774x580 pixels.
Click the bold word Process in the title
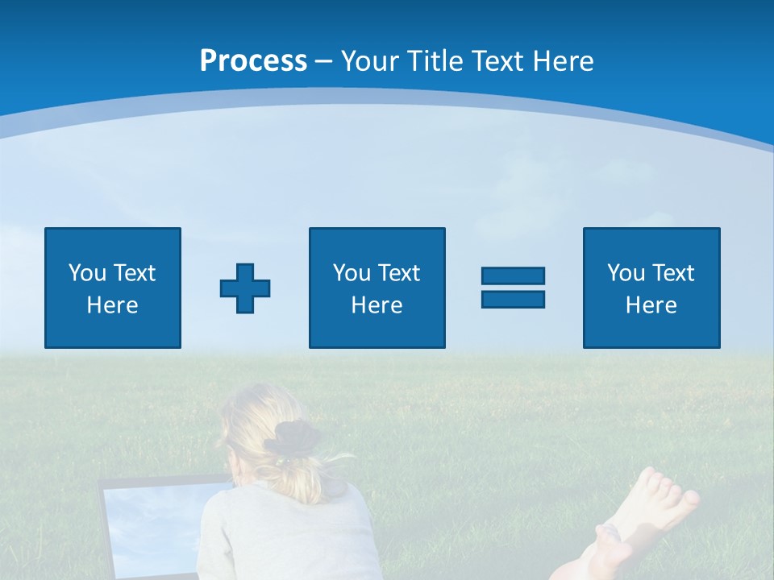click(253, 61)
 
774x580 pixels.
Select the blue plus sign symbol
click(245, 288)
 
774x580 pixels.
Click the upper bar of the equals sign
click(513, 275)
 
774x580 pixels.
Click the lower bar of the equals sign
click(513, 299)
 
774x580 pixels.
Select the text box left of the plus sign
click(113, 288)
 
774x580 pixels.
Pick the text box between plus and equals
click(377, 288)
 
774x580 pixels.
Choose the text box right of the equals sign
click(651, 288)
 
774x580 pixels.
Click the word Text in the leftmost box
click(133, 273)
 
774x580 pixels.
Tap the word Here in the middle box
click(377, 305)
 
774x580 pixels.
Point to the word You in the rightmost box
click(626, 273)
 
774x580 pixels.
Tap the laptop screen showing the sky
click(153, 524)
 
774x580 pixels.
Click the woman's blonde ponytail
click(314, 475)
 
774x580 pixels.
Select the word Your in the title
click(370, 61)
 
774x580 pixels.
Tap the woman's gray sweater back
click(282, 540)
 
